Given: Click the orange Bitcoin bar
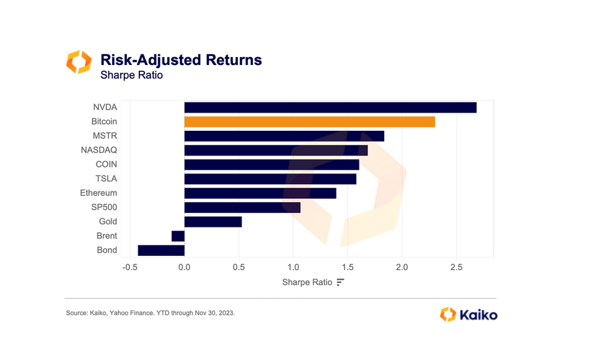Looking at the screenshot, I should click(309, 121).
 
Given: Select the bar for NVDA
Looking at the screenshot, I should click(330, 107).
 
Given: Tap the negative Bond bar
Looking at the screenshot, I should click(161, 250).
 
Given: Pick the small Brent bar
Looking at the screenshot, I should click(178, 236).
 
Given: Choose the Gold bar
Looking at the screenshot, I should click(213, 222).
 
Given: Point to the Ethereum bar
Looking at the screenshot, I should click(260, 193).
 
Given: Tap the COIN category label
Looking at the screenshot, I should click(107, 164).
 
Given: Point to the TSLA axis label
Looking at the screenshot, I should click(107, 178).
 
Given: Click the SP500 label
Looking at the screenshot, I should click(104, 208).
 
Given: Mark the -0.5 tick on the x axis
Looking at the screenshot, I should click(130, 267).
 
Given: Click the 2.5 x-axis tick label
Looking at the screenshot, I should click(456, 267).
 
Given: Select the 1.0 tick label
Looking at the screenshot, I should click(293, 267).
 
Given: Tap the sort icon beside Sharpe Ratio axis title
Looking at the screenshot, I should click(340, 283).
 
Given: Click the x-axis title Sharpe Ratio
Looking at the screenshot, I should click(307, 283).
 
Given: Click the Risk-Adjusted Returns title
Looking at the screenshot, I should click(181, 60).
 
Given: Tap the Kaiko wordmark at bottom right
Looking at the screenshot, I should click(478, 315).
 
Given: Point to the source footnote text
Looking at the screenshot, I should click(151, 313).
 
